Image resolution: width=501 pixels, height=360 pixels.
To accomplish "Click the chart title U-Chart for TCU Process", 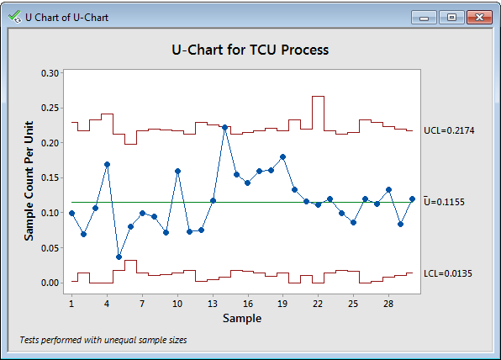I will click(250, 50).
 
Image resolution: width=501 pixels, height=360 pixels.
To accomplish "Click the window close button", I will click(479, 17).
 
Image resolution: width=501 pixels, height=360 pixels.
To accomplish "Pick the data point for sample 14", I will click(225, 127).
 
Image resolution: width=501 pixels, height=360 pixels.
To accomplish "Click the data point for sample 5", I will click(119, 257).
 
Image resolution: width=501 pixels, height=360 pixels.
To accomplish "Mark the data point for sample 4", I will click(107, 165).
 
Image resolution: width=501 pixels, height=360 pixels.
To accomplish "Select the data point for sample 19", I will click(283, 156).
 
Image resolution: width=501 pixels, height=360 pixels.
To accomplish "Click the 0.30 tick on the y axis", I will click(50, 73).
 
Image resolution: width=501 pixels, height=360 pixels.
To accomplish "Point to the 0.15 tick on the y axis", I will click(50, 177).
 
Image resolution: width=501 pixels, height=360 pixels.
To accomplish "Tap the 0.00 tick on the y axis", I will click(50, 283).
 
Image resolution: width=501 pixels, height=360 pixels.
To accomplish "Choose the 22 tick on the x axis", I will click(318, 302).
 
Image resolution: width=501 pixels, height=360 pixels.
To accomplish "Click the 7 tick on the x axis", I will click(142, 302).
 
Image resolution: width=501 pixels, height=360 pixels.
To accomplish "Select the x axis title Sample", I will click(242, 318).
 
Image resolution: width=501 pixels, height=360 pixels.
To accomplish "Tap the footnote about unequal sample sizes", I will click(103, 341).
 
